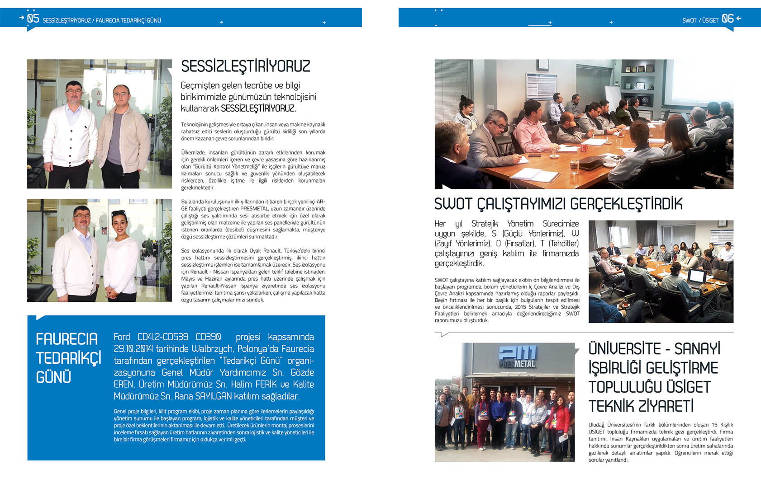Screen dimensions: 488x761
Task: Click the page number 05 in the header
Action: click(33, 19)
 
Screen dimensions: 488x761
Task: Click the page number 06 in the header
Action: click(728, 19)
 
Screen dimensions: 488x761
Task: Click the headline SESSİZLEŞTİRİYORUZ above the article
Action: click(246, 66)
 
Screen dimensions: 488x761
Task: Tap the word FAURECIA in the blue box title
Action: click(67, 339)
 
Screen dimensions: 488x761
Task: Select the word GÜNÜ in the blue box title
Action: click(53, 377)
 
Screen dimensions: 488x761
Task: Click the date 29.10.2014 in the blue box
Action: click(133, 349)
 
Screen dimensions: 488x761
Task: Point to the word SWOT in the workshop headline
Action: click(453, 204)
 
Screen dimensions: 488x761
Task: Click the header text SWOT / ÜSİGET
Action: click(700, 20)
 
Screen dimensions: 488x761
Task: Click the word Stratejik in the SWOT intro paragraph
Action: click(485, 224)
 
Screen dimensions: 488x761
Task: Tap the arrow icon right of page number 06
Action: click(739, 19)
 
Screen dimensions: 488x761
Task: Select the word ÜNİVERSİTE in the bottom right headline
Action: click(624, 349)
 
